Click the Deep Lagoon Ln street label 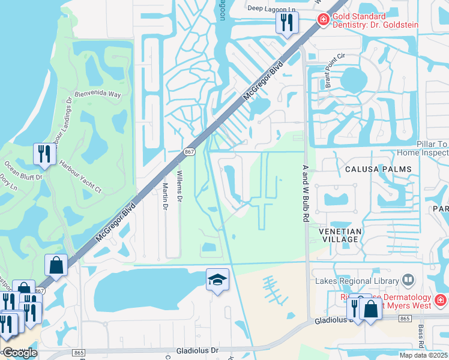point(272,8)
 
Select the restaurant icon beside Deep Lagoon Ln point(286,23)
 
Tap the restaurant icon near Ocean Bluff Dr point(44,154)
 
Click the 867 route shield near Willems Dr point(188,153)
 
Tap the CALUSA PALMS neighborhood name point(379,169)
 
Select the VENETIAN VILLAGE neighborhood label point(340,235)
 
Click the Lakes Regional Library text point(357,281)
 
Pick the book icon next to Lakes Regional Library point(408,280)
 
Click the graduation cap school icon point(218,280)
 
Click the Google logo point(20,353)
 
